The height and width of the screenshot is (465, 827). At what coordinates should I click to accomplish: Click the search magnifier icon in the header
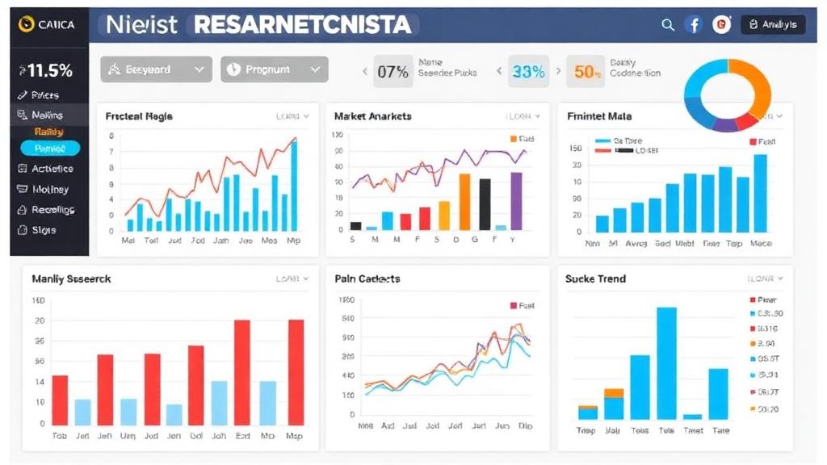pos(668,25)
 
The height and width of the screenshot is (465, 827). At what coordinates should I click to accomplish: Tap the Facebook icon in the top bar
pos(694,25)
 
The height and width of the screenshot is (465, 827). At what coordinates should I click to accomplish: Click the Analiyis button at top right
pos(773,25)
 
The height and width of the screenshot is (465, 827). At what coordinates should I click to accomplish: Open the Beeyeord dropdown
pos(156,69)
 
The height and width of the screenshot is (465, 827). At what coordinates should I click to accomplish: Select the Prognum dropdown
pos(275,69)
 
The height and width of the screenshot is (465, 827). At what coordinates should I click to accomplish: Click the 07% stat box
pos(393,72)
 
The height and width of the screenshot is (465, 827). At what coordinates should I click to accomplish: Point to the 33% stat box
pos(528,72)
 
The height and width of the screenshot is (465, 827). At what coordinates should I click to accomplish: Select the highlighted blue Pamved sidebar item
pos(50,149)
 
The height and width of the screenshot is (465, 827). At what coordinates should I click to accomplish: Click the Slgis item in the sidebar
pos(44,230)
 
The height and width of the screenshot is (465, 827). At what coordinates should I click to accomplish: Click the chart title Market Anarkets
pos(372,116)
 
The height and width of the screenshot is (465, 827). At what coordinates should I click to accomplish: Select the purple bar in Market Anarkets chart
pos(516,201)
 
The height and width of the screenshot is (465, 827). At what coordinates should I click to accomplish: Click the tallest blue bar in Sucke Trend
pos(666,363)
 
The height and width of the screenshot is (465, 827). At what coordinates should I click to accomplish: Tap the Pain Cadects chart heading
pos(367,279)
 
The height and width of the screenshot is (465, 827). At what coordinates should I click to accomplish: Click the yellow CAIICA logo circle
pos(25,25)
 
